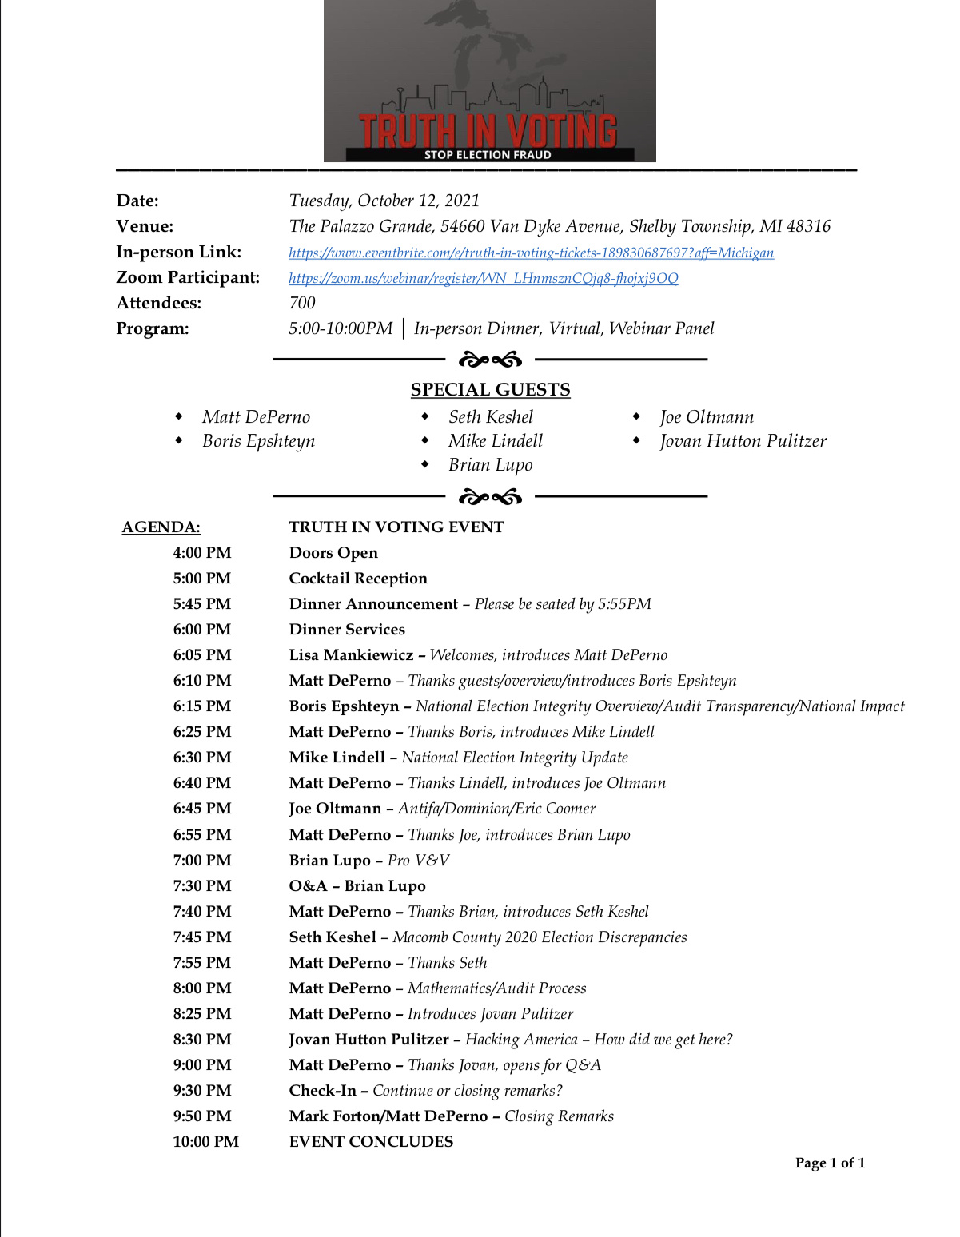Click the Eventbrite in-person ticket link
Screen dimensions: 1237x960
531,253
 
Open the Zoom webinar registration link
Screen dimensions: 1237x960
483,278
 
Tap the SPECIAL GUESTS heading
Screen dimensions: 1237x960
490,390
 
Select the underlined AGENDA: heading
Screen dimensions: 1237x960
161,527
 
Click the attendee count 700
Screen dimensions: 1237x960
302,303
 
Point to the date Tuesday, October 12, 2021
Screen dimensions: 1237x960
384,201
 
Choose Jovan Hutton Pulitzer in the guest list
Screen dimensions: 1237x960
743,441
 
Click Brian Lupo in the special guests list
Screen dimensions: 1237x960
490,465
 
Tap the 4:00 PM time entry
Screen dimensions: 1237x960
202,553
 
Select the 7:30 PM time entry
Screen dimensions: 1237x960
202,886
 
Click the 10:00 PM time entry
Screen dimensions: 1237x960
205,1142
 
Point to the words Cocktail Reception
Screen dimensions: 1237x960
358,579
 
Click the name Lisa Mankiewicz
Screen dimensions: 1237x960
351,655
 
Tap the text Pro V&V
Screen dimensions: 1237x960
418,861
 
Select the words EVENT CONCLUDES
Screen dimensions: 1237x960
371,1142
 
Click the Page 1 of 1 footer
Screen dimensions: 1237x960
830,1163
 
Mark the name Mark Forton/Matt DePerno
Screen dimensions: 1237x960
388,1116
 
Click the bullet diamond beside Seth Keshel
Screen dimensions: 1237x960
425,416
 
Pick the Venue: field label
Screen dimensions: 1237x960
145,226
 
